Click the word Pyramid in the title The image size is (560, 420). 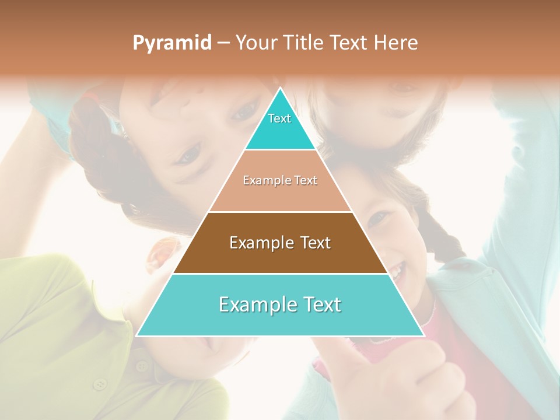point(172,43)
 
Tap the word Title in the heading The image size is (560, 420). point(306,43)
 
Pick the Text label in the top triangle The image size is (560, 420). point(279,118)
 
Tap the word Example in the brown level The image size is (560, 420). point(260,243)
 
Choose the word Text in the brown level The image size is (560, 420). point(316,243)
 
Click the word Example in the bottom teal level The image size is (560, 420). point(255,304)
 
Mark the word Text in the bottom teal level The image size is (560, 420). point(322,304)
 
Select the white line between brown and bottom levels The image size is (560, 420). point(280,274)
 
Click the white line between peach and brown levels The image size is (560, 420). point(280,212)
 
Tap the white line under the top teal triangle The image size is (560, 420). point(280,150)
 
